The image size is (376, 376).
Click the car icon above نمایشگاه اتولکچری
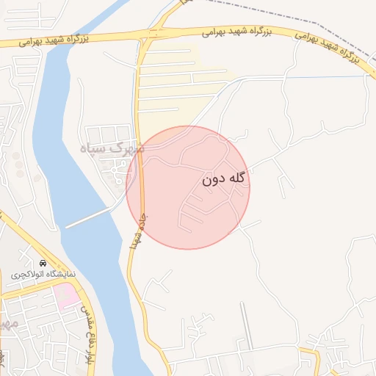[43, 262]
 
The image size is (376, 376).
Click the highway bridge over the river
[55, 40]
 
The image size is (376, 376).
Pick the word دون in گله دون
[211, 178]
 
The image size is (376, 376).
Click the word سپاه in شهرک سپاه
[98, 148]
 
